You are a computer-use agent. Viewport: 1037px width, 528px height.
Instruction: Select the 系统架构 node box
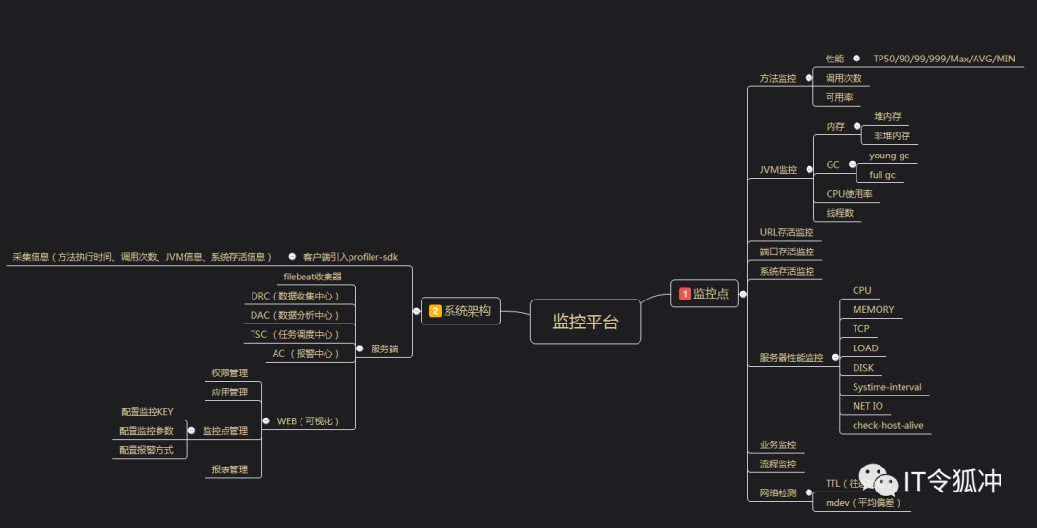(461, 310)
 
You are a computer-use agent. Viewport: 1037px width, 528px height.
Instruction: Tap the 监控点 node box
(705, 294)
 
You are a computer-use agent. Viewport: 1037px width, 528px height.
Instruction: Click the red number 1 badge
(685, 294)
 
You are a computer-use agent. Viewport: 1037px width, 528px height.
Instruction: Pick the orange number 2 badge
(435, 310)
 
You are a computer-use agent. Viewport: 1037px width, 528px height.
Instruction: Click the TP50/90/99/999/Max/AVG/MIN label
(943, 59)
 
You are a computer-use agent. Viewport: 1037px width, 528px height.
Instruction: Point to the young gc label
(888, 156)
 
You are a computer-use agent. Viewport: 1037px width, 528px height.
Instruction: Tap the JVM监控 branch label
(778, 170)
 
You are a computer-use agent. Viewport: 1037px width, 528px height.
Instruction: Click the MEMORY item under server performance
(873, 310)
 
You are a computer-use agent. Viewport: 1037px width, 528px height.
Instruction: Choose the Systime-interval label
(886, 387)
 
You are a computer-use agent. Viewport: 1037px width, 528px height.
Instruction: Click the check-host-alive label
(887, 425)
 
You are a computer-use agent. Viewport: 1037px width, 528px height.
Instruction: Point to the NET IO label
(867, 406)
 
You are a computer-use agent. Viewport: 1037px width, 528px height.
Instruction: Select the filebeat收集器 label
(312, 276)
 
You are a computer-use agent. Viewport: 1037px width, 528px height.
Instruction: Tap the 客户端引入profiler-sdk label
(350, 257)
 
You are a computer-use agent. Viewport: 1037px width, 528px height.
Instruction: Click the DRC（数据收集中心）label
(295, 296)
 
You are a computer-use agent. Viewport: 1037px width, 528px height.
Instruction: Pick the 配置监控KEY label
(146, 412)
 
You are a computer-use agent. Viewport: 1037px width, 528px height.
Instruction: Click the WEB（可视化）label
(307, 421)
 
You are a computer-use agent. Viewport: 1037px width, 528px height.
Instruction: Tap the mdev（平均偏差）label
(863, 502)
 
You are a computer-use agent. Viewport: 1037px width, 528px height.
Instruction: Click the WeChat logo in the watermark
(877, 479)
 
